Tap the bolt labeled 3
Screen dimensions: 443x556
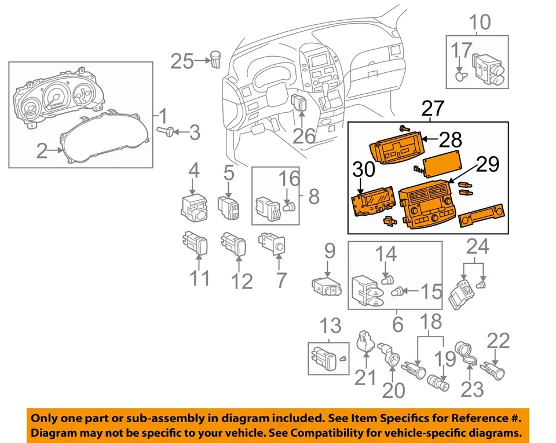(164, 132)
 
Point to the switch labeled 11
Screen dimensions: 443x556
(194, 242)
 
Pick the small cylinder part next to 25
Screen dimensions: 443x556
(218, 59)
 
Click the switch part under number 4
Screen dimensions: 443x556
(193, 208)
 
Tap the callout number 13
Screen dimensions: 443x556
(331, 326)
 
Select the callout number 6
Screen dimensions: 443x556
(397, 324)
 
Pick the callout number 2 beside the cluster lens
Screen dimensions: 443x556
(42, 152)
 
